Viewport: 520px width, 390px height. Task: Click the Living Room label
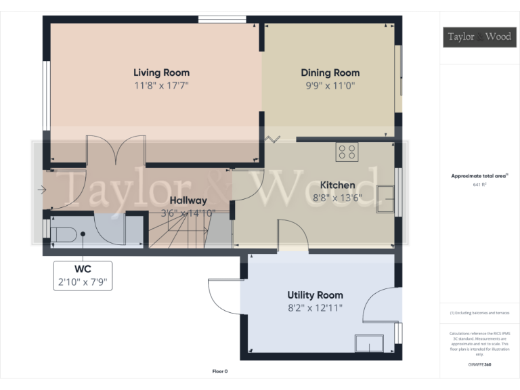pos(161,72)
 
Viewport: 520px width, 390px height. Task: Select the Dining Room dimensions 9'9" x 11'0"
pos(330,86)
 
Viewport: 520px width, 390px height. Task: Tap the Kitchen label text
pos(337,185)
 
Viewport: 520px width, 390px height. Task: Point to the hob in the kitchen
pos(348,152)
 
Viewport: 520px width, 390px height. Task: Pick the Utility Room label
pos(315,295)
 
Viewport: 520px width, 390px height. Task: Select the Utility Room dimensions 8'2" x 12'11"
pos(315,308)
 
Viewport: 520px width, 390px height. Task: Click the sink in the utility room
pos(369,343)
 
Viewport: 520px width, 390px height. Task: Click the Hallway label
pos(188,200)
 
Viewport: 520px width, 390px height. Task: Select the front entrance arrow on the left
pos(42,190)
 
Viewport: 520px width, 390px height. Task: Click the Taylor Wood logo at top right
pos(479,37)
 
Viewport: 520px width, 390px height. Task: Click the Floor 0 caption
pos(220,372)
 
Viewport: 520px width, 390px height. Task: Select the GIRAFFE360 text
pos(479,365)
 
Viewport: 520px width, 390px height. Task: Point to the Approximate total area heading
pos(479,175)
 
